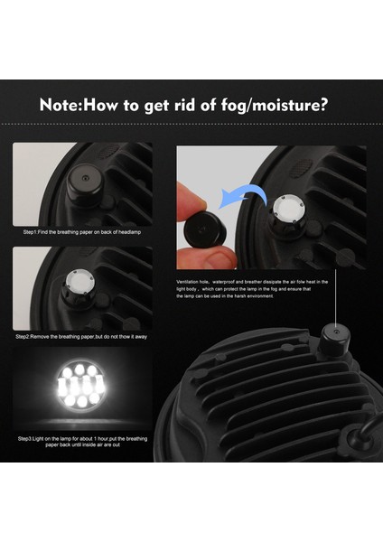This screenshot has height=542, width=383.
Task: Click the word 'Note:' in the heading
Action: point(61,104)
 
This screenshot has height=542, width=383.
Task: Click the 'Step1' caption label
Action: point(32,232)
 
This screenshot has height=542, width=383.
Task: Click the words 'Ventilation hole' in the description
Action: point(198,282)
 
